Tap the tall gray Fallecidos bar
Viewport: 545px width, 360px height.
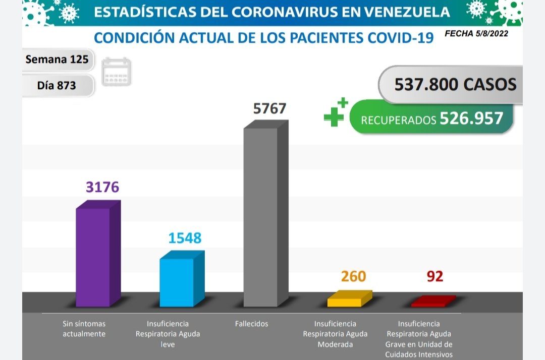(261, 217)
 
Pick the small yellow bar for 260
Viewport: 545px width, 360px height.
(345, 302)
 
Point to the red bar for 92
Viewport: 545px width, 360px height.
(428, 304)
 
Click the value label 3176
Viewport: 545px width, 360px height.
(102, 187)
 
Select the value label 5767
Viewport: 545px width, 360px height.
(269, 108)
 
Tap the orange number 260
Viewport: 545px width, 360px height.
(353, 277)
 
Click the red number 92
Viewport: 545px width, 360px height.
(434, 277)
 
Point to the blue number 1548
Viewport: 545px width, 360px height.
(185, 237)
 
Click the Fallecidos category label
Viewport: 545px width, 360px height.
(251, 324)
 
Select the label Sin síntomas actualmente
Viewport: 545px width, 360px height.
(84, 329)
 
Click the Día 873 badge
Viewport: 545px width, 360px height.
(57, 85)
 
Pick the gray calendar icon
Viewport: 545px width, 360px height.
(117, 72)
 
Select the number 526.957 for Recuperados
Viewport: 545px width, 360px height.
(471, 118)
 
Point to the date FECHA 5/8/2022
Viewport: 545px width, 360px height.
(476, 34)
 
